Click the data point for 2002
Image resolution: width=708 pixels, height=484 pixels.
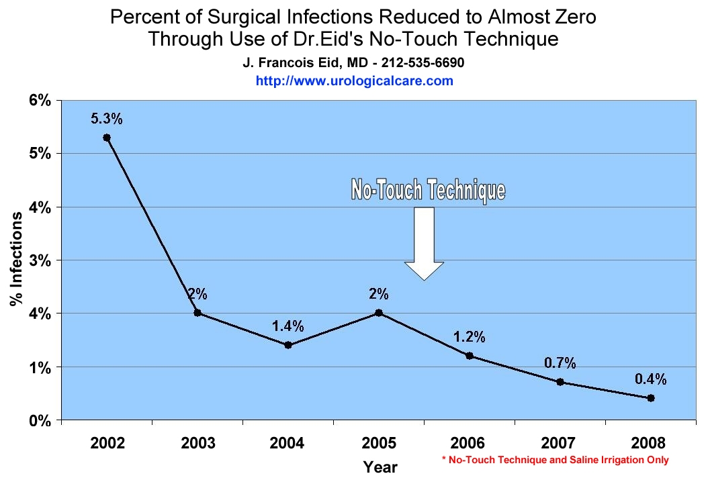[107, 138]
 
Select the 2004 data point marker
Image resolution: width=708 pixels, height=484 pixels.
[288, 345]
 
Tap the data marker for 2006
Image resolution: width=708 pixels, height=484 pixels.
[470, 356]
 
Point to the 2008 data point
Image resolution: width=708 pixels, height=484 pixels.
[651, 398]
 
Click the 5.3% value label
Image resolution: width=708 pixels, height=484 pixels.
[107, 119]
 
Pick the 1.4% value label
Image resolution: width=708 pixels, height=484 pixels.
[288, 327]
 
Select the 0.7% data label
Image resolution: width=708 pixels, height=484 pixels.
[560, 363]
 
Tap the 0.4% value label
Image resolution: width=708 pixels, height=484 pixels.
[651, 379]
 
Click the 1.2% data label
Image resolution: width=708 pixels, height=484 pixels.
[470, 337]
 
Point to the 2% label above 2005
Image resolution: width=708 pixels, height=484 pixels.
[379, 294]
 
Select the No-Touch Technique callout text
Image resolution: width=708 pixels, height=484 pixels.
[428, 190]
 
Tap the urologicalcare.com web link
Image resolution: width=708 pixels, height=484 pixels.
[354, 81]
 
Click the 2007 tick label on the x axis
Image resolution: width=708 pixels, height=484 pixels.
[560, 444]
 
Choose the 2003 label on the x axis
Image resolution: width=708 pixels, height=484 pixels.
[197, 444]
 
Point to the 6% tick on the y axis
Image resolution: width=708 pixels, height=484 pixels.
[39, 101]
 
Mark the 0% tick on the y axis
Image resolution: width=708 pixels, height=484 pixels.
[39, 421]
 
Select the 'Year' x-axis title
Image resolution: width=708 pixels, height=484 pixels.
[380, 467]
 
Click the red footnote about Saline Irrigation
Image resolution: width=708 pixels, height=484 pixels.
[555, 460]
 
